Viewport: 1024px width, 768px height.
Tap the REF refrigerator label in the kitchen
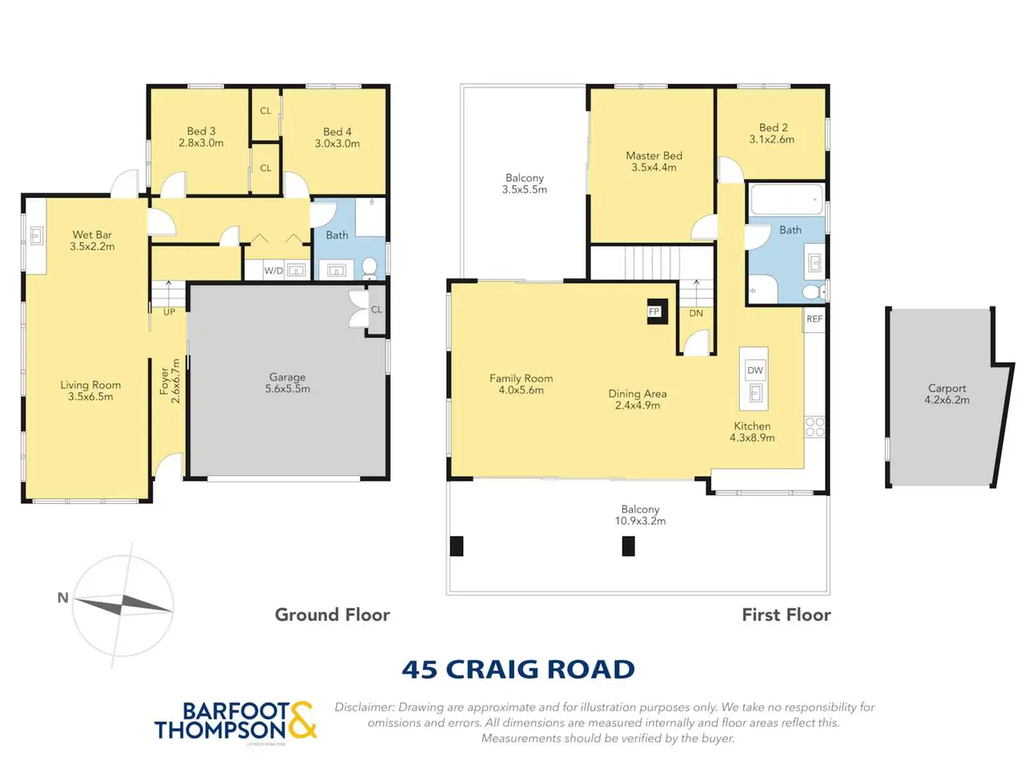(814, 319)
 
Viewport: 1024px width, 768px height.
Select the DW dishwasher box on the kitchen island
(755, 370)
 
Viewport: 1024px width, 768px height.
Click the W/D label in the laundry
(274, 270)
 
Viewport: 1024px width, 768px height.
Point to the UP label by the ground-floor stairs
(169, 312)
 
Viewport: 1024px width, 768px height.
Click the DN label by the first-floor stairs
(695, 314)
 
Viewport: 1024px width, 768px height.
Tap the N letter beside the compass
(63, 598)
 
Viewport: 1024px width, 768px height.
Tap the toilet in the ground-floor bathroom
(369, 269)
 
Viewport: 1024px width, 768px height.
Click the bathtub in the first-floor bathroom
(786, 199)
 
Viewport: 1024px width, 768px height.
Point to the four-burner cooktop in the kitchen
(814, 426)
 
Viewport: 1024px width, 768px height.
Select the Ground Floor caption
(332, 614)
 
